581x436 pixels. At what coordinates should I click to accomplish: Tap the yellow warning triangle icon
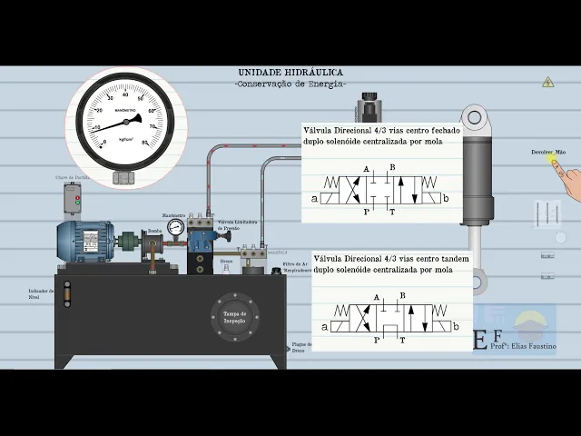[547, 82]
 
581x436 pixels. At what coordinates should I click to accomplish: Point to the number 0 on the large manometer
[104, 143]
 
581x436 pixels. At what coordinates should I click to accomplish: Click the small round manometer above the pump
[174, 226]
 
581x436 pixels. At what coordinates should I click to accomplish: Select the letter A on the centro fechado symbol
[366, 170]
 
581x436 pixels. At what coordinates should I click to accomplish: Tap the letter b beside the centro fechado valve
[445, 198]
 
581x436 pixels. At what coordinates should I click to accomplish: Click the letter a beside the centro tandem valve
[325, 325]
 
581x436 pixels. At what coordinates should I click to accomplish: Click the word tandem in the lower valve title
[453, 259]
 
